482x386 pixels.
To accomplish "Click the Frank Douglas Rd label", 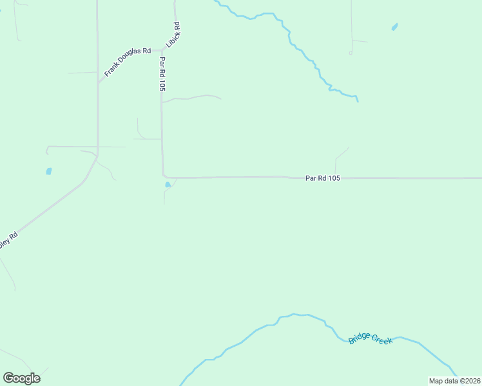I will click(127, 62).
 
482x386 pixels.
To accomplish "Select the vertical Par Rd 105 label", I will click(162, 74).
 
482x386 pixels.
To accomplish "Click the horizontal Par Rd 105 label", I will click(322, 178).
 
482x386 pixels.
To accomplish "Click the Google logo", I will click(21, 378).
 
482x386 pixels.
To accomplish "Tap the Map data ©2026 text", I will click(455, 381).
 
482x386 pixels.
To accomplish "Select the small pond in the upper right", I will click(394, 27).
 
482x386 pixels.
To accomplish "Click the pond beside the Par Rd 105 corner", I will click(168, 185).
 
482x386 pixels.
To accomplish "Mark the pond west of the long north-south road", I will click(48, 171).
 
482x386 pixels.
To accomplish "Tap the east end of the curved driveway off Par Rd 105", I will click(221, 98).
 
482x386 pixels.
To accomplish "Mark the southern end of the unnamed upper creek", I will click(358, 101).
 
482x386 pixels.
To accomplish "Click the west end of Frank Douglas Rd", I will click(99, 83).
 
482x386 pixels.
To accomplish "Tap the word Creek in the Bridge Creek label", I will click(381, 340).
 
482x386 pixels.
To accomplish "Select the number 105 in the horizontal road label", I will click(333, 178).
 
